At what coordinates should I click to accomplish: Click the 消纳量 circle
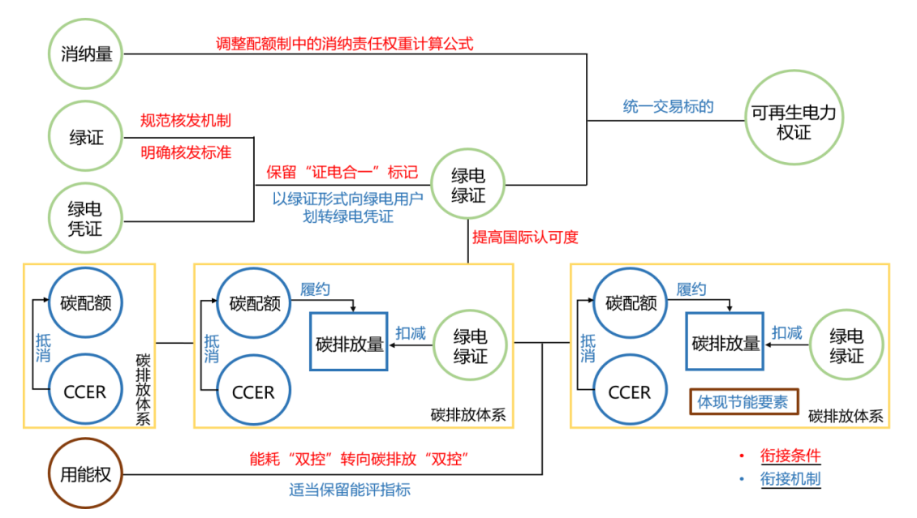86,55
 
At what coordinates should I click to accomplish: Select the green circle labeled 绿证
86,137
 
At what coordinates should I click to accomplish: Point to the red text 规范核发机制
186,121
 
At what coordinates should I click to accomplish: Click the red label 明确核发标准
186,152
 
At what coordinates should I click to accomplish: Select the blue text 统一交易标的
668,106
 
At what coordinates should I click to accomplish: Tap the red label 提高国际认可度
525,237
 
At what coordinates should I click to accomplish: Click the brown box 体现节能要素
743,401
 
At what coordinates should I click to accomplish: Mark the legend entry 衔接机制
790,478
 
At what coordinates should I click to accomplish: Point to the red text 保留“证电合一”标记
342,172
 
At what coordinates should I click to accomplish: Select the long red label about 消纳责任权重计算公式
344,43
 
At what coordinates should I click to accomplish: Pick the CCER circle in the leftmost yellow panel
85,392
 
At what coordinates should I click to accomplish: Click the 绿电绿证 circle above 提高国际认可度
468,186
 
